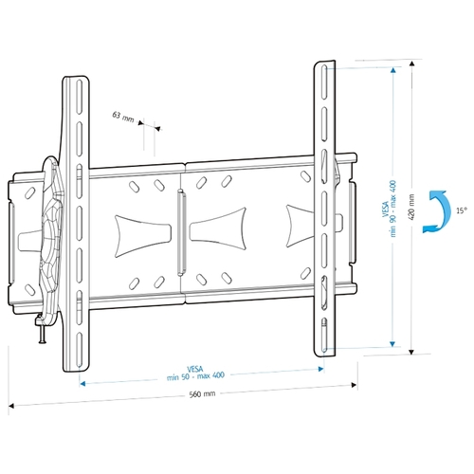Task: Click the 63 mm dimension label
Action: click(123, 117)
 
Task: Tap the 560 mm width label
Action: click(202, 394)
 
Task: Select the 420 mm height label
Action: click(411, 207)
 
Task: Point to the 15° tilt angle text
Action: click(461, 210)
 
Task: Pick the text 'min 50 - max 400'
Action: click(195, 376)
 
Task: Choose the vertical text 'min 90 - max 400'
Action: click(393, 209)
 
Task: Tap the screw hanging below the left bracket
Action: click(43, 335)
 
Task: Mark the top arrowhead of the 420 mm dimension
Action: click(411, 64)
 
